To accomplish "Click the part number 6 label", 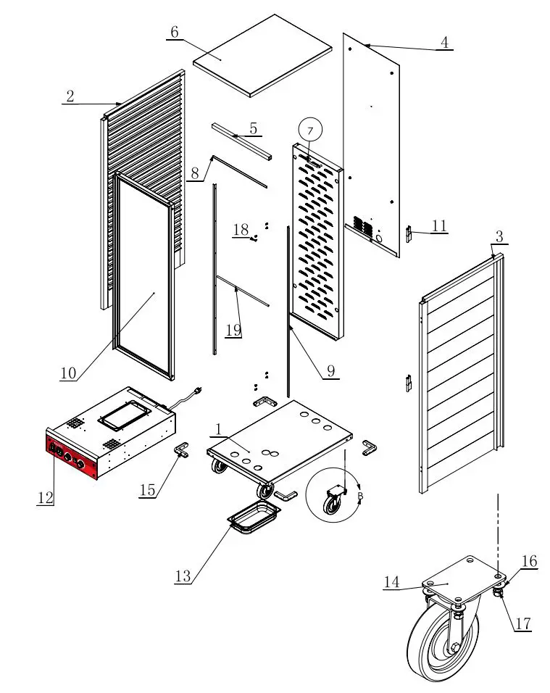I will (x=174, y=33).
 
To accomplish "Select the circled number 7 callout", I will (x=310, y=130).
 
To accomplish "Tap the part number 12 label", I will (x=45, y=497).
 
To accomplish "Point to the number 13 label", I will (x=184, y=576).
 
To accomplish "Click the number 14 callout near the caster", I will (x=392, y=581).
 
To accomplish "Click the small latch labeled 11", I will (x=408, y=233).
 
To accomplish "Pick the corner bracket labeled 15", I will (x=180, y=451).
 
